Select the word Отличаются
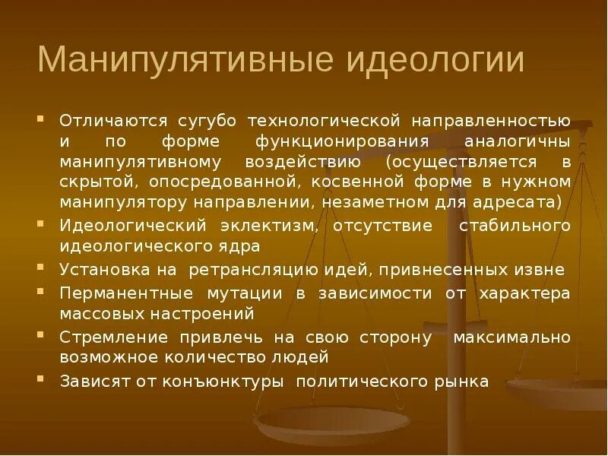(x=113, y=121)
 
